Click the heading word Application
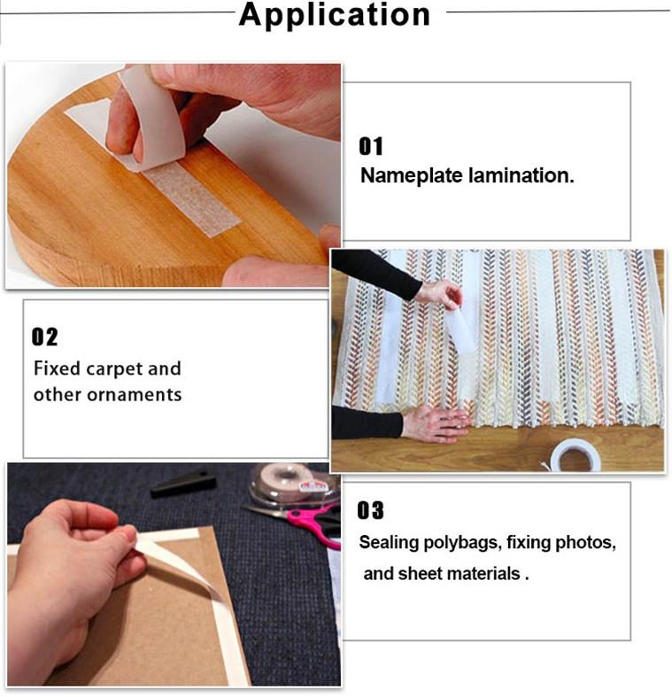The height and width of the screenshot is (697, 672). click(334, 16)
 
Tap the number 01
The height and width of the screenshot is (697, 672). click(371, 146)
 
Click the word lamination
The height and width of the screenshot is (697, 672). click(521, 175)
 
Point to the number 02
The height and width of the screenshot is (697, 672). click(44, 337)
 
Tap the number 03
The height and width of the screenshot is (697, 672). click(370, 510)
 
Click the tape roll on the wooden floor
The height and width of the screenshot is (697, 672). click(575, 455)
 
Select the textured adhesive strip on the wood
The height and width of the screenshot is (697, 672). click(192, 198)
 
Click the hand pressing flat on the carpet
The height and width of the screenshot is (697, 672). click(436, 423)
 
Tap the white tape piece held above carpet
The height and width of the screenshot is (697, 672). click(460, 329)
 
